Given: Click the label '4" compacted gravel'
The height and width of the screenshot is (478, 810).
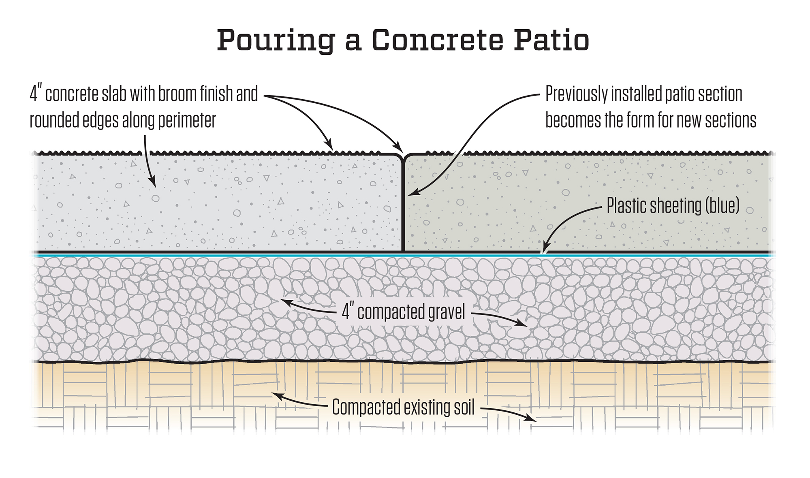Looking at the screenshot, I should (404, 312).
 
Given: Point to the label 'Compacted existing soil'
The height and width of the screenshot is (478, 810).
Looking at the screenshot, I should (403, 407).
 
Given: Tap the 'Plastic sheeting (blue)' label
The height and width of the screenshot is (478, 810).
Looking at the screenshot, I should (673, 206).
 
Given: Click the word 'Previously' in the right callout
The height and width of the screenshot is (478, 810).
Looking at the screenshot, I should (576, 94).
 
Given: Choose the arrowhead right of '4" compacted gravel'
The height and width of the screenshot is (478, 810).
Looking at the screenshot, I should (523, 324).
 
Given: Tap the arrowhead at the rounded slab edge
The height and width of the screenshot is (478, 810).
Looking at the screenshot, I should (399, 147).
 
